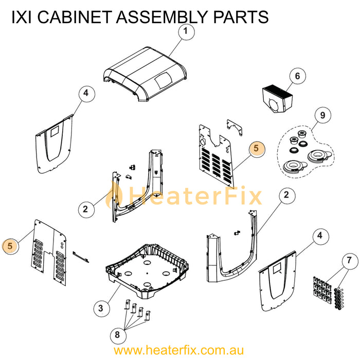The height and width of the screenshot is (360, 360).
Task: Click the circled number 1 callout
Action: pos(186,32)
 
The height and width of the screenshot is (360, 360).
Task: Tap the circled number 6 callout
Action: pos(297,76)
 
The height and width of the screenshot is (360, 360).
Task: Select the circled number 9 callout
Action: pos(322,116)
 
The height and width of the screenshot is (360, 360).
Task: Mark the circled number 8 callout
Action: pos(117,335)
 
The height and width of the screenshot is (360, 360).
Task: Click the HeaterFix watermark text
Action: pos(195,196)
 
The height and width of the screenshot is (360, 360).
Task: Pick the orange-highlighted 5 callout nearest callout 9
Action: pos(257,149)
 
